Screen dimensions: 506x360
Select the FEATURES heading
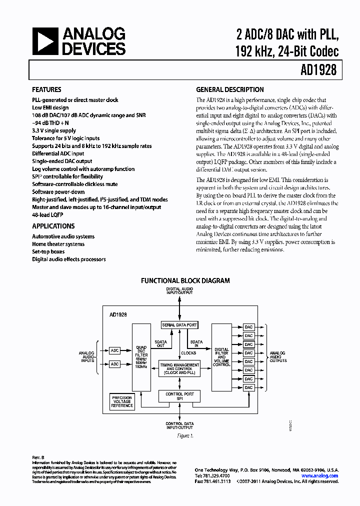[x=46, y=90]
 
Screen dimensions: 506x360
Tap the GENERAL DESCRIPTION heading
[x=229, y=90]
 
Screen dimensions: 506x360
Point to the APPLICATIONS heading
[x=53, y=226]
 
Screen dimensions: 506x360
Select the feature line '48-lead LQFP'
[x=49, y=214]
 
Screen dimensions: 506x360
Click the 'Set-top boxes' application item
[x=48, y=251]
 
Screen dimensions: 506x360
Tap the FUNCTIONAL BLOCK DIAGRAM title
[x=185, y=281]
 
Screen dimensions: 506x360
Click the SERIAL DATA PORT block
[x=179, y=325]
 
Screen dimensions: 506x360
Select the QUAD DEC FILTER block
[x=141, y=356]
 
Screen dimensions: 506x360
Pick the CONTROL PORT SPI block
[x=179, y=396]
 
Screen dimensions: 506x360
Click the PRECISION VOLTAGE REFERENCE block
[x=122, y=401]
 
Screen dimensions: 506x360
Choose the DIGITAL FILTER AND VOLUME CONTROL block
[x=221, y=356]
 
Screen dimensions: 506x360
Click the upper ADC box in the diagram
[x=115, y=351]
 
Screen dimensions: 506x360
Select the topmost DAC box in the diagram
[x=249, y=327]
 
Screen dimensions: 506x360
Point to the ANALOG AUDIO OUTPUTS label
[x=278, y=356]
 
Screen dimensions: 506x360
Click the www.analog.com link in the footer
[x=321, y=476]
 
